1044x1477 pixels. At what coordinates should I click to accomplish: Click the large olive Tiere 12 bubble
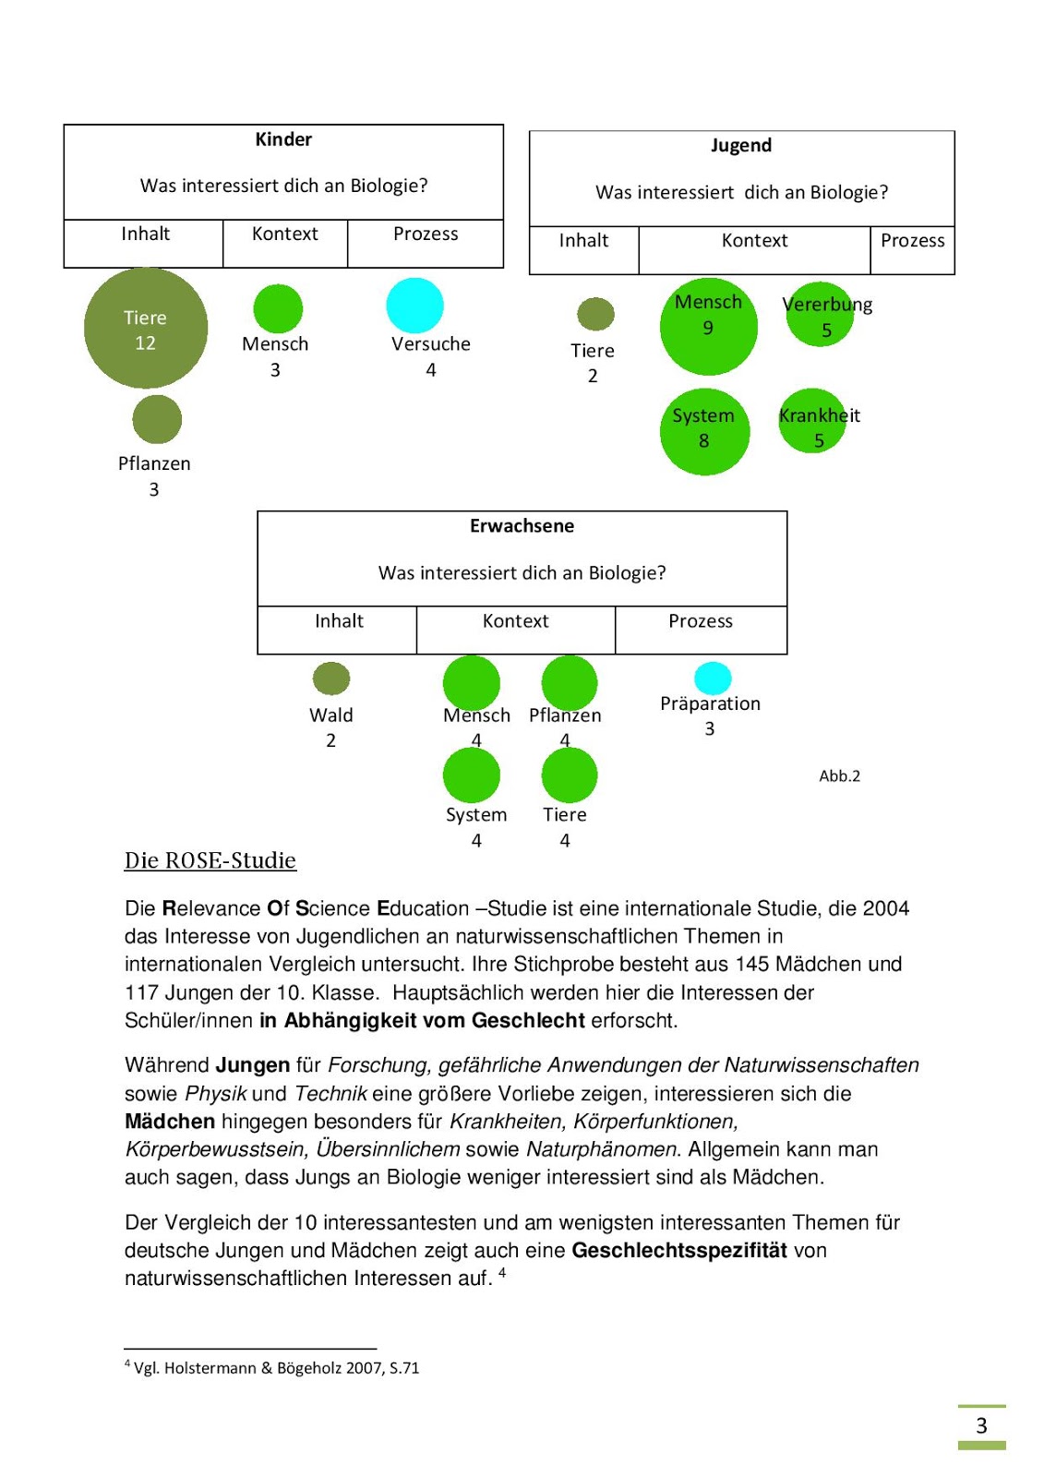tap(146, 329)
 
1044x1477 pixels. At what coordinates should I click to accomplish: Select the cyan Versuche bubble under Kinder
tap(414, 306)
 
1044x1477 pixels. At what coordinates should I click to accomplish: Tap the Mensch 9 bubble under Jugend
tap(708, 327)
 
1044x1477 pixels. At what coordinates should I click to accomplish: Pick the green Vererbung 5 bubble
tap(820, 315)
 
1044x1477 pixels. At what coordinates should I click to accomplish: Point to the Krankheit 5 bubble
tap(812, 421)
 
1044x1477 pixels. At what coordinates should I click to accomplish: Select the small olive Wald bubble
tap(331, 678)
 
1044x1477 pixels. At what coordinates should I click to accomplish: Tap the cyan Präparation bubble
tap(713, 678)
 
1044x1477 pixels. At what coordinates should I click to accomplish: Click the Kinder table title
tap(283, 139)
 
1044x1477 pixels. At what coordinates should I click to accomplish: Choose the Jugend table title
tap(741, 146)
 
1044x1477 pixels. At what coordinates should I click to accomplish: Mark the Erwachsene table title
tap(522, 526)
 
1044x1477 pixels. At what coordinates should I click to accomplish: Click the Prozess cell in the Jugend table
tap(912, 241)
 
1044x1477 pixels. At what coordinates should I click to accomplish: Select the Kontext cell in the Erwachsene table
tap(515, 621)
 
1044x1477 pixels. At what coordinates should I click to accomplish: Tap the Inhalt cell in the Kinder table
tap(145, 234)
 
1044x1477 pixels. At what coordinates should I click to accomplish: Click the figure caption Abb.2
tap(839, 776)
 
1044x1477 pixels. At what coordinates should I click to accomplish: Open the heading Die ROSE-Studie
tap(210, 860)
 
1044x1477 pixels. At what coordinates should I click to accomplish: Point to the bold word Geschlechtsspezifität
tap(679, 1251)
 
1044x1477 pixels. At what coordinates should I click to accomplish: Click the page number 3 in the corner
tap(981, 1426)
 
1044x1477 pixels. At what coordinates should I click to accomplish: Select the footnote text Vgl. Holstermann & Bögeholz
tap(276, 1368)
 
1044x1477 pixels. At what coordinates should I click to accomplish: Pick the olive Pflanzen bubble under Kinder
tap(157, 420)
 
